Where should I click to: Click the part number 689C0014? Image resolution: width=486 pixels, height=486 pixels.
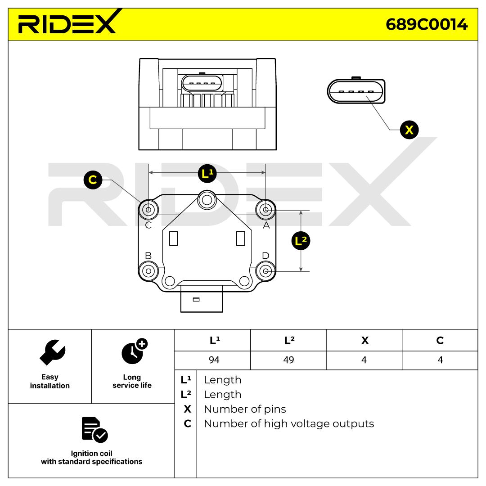426,24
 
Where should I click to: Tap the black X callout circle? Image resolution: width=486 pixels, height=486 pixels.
409,130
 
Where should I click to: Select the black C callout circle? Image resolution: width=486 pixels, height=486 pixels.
93,180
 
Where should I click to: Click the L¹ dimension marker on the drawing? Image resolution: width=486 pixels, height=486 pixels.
207,173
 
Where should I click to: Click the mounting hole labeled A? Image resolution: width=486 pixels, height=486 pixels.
265,209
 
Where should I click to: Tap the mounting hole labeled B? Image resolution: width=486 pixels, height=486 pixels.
148,271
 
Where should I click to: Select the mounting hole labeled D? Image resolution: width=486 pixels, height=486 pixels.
265,271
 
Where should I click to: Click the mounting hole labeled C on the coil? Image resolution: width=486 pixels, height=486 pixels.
148,209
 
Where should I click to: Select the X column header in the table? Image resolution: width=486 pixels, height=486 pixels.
364,340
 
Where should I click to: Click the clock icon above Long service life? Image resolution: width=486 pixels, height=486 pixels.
133,351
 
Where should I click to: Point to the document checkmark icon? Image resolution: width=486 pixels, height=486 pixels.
94,429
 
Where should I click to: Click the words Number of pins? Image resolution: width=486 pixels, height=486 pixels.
245,409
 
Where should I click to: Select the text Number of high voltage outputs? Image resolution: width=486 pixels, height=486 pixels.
288,423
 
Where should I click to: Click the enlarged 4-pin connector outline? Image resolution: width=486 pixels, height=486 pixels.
356,91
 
